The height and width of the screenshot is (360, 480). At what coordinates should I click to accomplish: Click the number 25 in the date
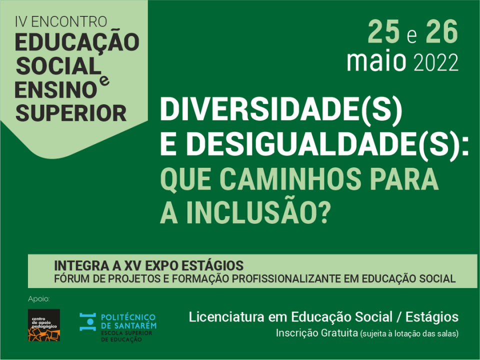click(x=383, y=31)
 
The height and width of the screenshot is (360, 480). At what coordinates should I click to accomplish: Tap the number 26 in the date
click(x=441, y=31)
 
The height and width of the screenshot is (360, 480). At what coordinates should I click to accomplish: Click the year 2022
click(x=436, y=63)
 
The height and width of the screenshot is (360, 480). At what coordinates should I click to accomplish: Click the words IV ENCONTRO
click(x=61, y=21)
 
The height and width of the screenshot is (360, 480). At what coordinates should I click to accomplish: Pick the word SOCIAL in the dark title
click(x=58, y=66)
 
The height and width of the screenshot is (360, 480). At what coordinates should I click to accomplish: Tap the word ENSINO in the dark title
click(x=55, y=90)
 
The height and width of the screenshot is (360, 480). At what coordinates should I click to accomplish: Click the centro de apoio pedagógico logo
click(x=44, y=325)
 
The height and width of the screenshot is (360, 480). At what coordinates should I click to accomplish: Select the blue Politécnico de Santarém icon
click(x=87, y=321)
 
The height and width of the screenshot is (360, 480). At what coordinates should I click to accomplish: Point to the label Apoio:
click(x=38, y=299)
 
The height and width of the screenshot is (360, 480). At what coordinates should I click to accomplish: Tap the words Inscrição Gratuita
click(x=316, y=333)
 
